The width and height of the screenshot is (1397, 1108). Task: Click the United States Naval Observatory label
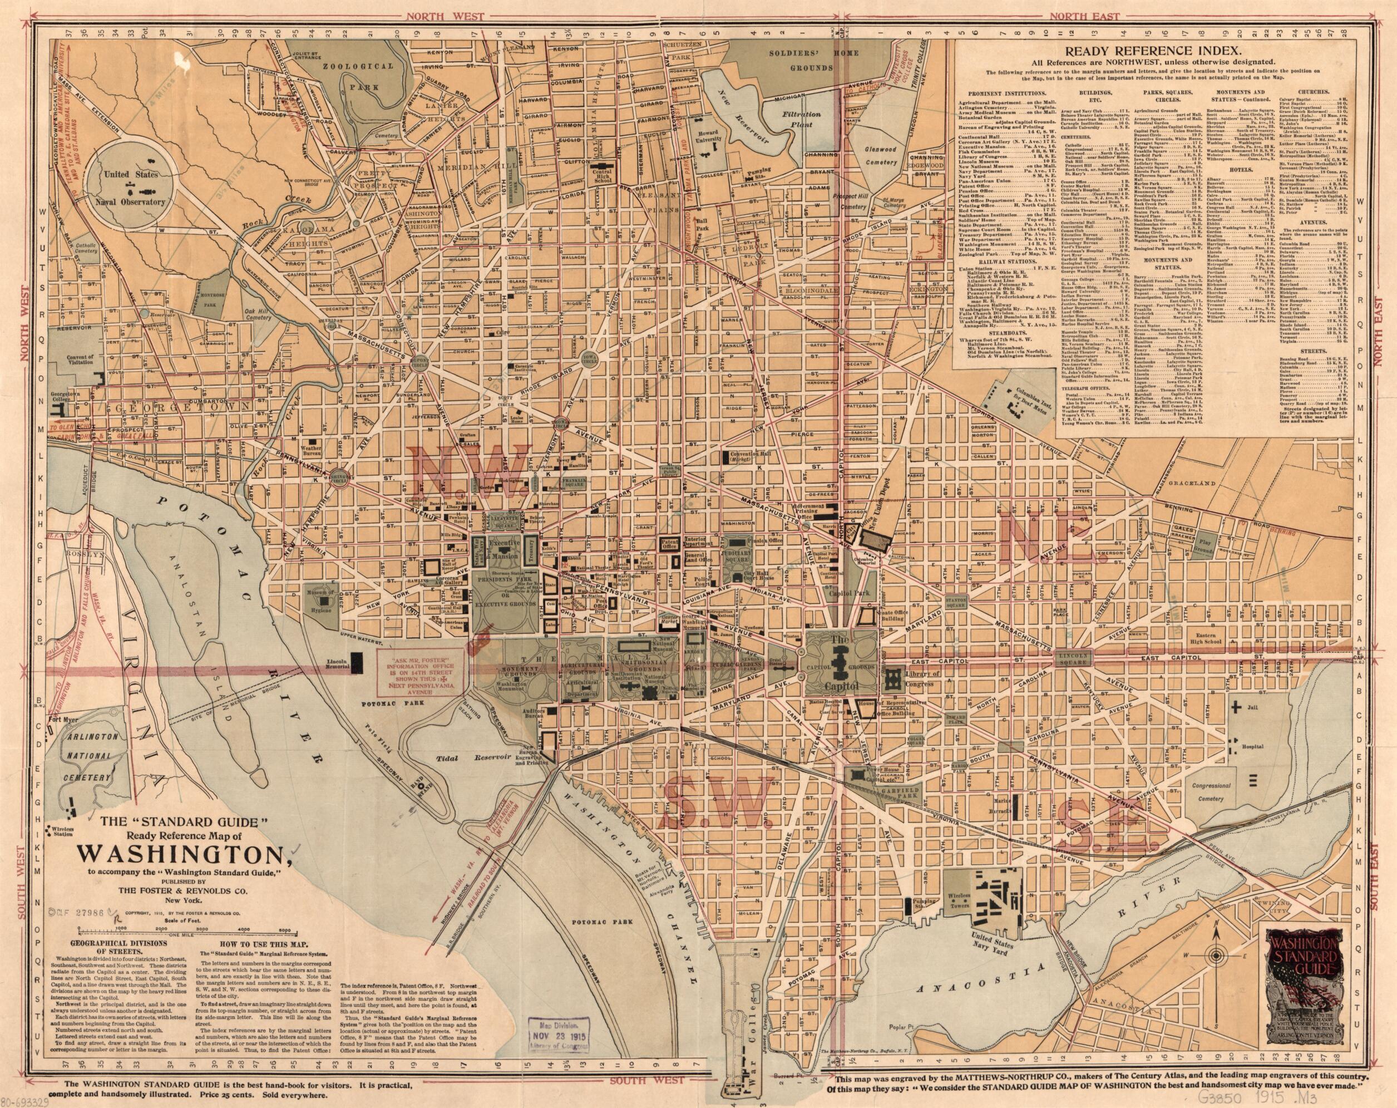click(137, 189)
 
